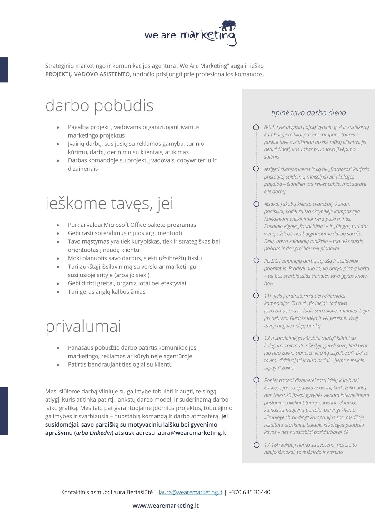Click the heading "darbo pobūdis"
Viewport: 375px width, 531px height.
(99, 106)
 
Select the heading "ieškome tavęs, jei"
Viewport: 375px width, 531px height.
(109, 204)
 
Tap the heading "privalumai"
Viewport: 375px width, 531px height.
(83, 326)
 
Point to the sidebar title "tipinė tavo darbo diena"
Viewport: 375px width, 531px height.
(308, 113)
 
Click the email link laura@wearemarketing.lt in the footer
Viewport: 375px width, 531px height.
(191, 492)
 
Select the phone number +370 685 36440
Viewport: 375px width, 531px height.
(249, 492)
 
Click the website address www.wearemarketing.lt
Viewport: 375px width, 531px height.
(166, 506)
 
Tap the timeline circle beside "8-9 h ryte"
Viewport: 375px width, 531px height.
(256, 128)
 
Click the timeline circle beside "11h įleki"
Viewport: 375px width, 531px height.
(256, 296)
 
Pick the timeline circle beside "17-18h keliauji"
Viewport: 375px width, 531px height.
(257, 445)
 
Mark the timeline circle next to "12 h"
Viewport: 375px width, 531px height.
(256, 338)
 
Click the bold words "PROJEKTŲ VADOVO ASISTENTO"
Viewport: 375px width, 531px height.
(87, 74)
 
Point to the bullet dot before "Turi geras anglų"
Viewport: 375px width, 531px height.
(58, 292)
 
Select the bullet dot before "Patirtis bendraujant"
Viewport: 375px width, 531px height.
(58, 365)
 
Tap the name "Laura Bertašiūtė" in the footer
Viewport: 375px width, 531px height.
(132, 492)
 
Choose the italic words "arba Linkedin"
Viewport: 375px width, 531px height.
(94, 433)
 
